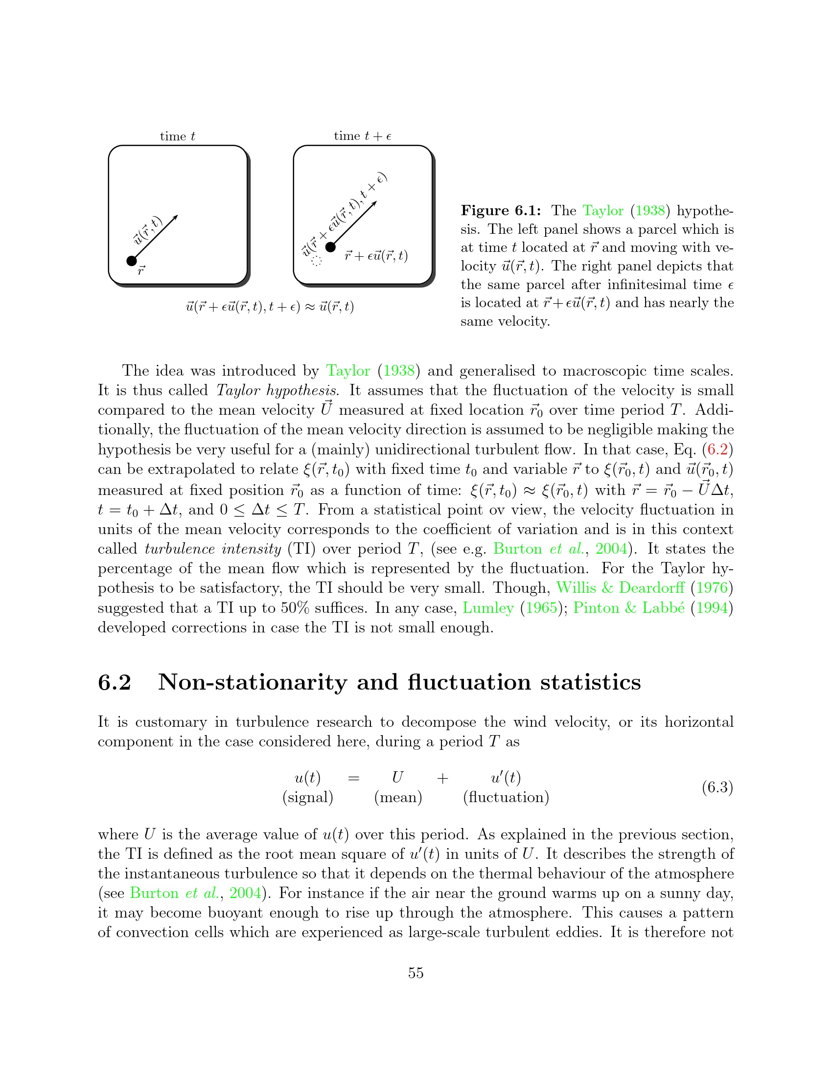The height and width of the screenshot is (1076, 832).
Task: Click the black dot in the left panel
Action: [x=132, y=261]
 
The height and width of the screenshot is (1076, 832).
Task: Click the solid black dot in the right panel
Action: [x=331, y=247]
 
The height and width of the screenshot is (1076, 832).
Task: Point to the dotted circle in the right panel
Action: [x=317, y=261]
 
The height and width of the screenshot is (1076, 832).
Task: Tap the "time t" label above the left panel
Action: [x=178, y=136]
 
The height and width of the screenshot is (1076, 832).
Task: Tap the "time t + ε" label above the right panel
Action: [x=362, y=136]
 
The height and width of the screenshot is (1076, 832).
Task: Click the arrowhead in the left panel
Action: [x=175, y=217]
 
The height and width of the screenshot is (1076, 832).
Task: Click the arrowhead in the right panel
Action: [x=374, y=203]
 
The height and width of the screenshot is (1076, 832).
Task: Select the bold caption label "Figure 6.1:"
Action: [x=501, y=211]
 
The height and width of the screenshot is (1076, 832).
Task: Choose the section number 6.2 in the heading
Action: [x=115, y=682]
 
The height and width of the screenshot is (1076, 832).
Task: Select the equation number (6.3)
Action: [x=717, y=787]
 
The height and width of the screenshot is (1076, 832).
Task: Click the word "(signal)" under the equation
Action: [x=307, y=797]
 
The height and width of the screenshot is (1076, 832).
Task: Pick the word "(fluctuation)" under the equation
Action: [x=506, y=797]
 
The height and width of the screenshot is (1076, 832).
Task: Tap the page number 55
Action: [x=416, y=972]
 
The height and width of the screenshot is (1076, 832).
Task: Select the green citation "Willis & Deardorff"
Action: [x=621, y=588]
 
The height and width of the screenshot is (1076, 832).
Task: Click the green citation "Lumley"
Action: [x=488, y=608]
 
